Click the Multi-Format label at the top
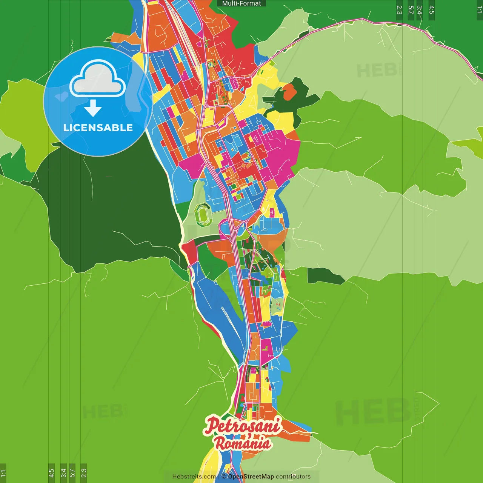click(241, 3)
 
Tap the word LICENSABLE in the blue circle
click(98, 128)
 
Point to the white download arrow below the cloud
click(93, 109)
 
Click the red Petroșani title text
click(243, 425)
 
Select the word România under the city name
click(243, 443)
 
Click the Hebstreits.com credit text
click(194, 477)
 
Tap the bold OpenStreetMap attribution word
click(251, 477)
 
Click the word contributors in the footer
click(293, 477)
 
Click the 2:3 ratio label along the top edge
click(399, 10)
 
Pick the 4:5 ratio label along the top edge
click(432, 10)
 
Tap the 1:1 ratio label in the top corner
click(479, 10)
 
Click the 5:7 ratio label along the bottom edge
click(72, 473)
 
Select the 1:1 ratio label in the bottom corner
click(3, 473)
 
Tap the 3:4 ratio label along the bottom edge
click(63, 473)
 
